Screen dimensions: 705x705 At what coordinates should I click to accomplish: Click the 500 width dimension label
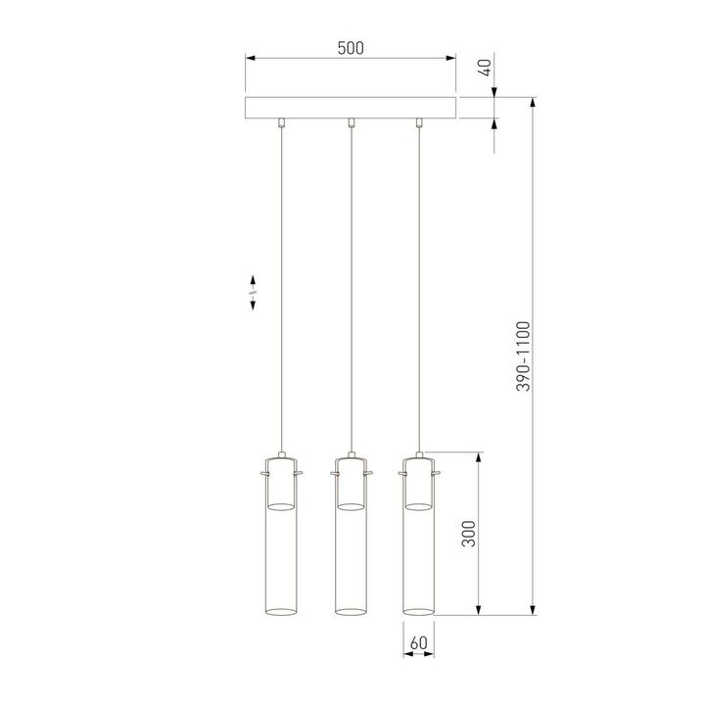(351, 48)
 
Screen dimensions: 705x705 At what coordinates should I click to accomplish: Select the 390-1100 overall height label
(524, 356)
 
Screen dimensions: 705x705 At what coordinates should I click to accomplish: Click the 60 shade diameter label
(419, 643)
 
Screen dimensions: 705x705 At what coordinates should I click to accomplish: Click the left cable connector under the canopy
(282, 122)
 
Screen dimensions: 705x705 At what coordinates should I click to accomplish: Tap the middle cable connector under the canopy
(351, 122)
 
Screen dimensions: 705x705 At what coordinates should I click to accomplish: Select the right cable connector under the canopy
(419, 122)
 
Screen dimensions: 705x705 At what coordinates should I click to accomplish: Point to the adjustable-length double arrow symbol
(253, 292)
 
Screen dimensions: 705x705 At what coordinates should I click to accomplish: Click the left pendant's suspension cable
(282, 294)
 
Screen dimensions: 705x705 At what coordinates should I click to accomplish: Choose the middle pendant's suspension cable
(351, 294)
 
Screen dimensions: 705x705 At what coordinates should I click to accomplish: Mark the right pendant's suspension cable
(419, 294)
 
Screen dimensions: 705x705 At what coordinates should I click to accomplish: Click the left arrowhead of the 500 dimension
(249, 60)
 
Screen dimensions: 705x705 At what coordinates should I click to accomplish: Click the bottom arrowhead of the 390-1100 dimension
(535, 610)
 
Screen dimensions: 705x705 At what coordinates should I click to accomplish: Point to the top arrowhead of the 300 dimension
(479, 457)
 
